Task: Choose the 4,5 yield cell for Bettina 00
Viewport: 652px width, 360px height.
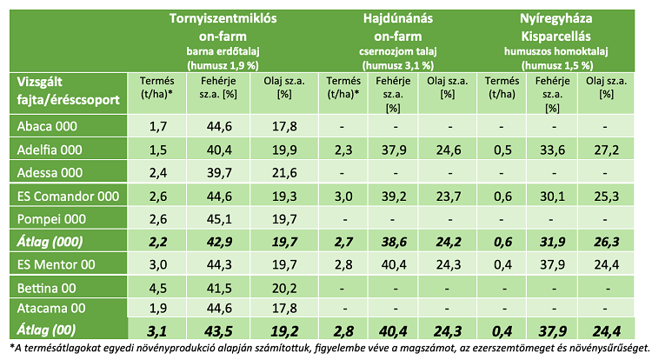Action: point(157,284)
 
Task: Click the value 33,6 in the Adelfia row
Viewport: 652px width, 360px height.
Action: point(549,149)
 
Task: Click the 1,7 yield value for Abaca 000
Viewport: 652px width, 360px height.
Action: point(157,126)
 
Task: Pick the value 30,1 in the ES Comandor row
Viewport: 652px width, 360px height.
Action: point(549,194)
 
